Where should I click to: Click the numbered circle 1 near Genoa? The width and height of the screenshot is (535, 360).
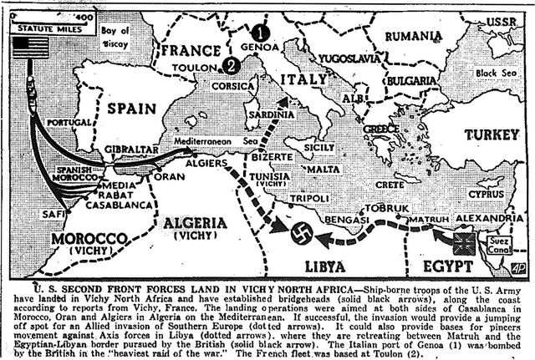click(262, 33)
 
